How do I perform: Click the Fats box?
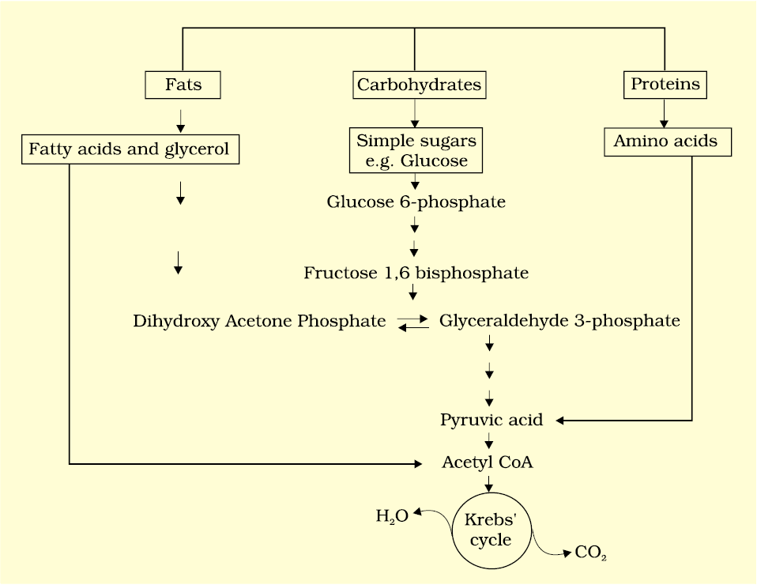pyautogui.click(x=183, y=85)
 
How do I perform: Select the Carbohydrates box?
pyautogui.click(x=418, y=85)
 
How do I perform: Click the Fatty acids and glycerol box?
pyautogui.click(x=130, y=149)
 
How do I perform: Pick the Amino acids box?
pyautogui.click(x=665, y=142)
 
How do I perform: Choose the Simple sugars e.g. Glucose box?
pyautogui.click(x=416, y=151)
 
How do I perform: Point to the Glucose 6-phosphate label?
pyautogui.click(x=416, y=202)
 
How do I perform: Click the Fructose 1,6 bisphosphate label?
pyautogui.click(x=416, y=274)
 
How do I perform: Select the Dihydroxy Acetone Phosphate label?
pyautogui.click(x=259, y=321)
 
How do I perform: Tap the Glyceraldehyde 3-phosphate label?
pyautogui.click(x=559, y=321)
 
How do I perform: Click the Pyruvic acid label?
pyautogui.click(x=491, y=420)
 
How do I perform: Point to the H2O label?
pyautogui.click(x=391, y=517)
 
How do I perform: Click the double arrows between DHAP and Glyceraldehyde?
pyautogui.click(x=412, y=322)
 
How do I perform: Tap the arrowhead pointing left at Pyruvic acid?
pyautogui.click(x=562, y=420)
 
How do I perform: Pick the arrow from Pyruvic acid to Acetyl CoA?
pyautogui.click(x=490, y=441)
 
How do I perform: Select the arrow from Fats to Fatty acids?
pyautogui.click(x=181, y=119)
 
